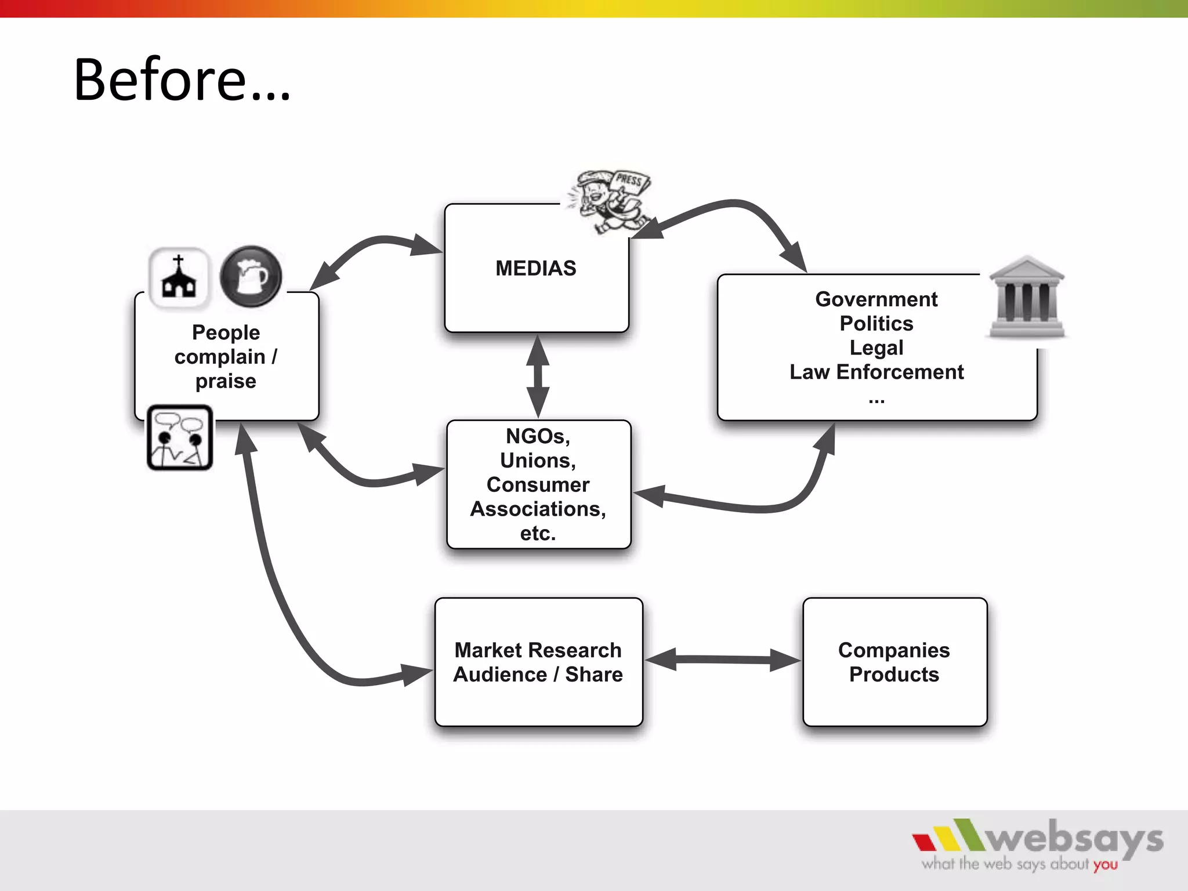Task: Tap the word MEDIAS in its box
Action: point(535,269)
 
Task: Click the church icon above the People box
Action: point(179,277)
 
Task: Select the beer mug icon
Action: point(251,276)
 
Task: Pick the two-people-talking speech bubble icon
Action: point(180,438)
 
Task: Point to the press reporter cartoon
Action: point(609,200)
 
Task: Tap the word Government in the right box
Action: point(876,299)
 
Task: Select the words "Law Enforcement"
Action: point(876,372)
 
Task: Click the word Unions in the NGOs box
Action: point(538,461)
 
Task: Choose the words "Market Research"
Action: point(538,650)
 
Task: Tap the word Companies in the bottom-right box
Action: point(894,650)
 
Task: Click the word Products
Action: point(894,675)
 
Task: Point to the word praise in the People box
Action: point(226,381)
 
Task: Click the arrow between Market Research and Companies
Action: point(722,660)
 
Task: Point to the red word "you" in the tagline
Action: point(1106,865)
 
